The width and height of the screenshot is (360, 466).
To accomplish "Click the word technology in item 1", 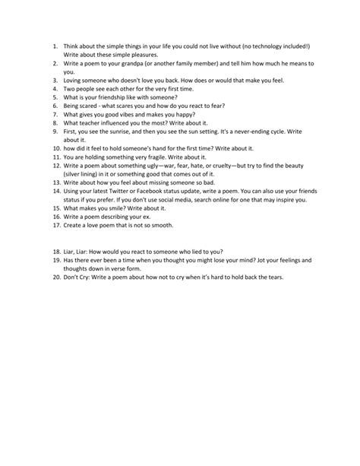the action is (265, 46).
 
